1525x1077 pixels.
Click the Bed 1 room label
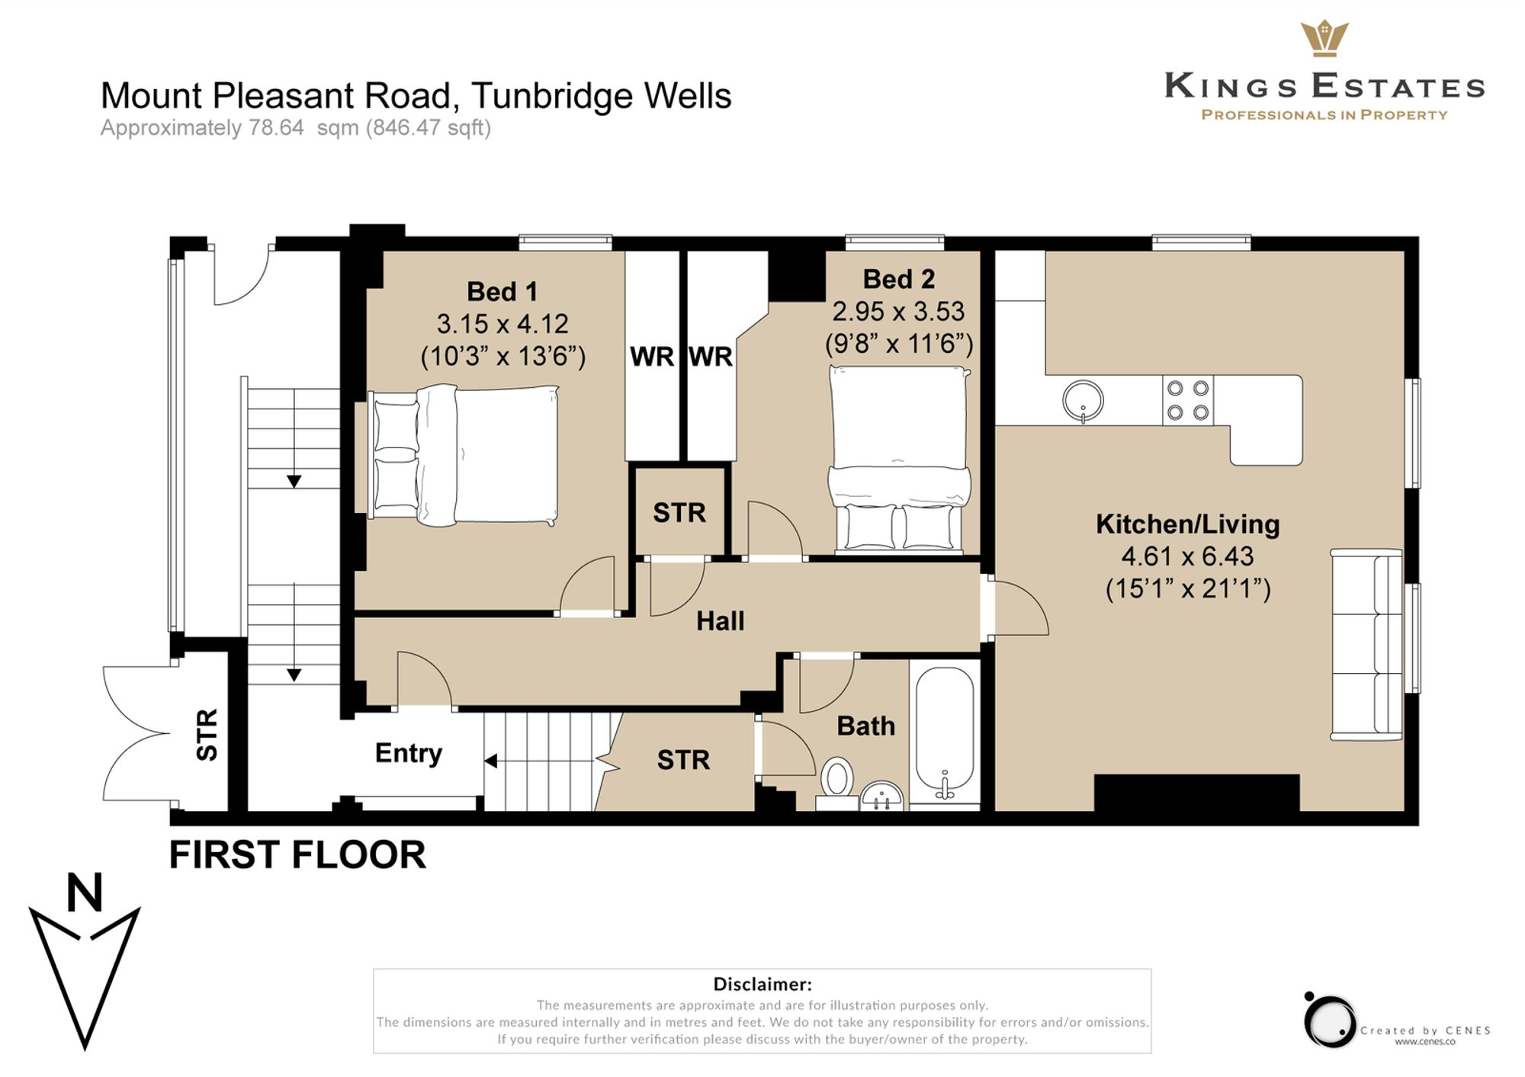[x=502, y=292]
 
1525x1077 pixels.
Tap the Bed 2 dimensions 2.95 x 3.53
[x=897, y=312]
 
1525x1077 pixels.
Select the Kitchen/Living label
[x=1187, y=524]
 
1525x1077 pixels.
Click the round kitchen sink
[x=1083, y=400]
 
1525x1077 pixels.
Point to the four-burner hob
[x=1188, y=400]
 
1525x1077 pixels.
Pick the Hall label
[x=720, y=621]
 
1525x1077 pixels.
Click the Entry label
[x=409, y=753]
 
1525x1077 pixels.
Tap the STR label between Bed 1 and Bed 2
[x=679, y=513]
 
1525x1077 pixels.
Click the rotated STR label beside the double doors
[x=207, y=735]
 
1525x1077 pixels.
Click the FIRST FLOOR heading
[x=297, y=854]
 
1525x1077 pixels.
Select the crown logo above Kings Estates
[x=1324, y=38]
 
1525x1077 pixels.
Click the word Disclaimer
[x=762, y=984]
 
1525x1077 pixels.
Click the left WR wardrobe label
[x=651, y=357]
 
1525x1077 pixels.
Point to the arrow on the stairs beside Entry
[x=491, y=761]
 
